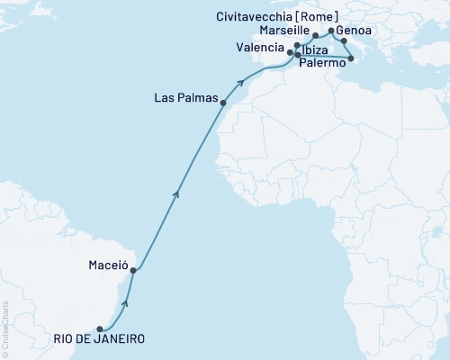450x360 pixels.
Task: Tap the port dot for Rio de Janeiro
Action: pos(99,328)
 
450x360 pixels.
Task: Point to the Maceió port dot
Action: pos(133,268)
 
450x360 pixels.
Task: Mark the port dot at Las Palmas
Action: pos(223,103)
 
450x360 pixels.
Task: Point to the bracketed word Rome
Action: pos(321,16)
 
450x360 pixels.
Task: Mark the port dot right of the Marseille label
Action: pos(316,36)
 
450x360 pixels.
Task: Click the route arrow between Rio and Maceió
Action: pos(125,303)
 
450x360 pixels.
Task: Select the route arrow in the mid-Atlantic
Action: pos(177,193)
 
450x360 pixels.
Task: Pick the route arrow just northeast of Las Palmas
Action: pos(242,84)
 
